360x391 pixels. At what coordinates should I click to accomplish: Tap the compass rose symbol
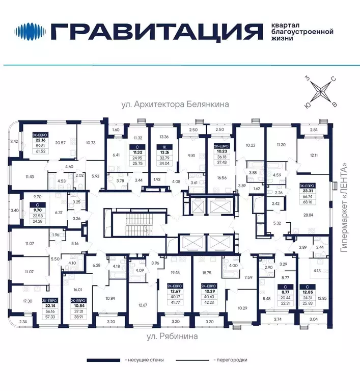320,92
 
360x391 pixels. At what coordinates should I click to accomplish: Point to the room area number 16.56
221,178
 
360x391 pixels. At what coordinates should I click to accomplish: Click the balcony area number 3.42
14,141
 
